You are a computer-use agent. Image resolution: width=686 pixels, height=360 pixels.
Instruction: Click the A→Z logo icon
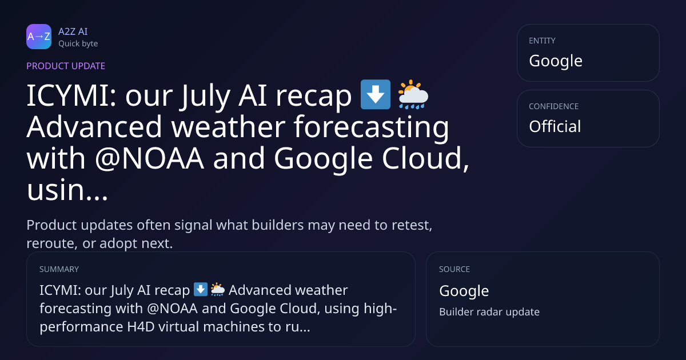pyautogui.click(x=39, y=37)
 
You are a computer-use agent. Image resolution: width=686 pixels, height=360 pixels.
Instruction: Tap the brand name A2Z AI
pyautogui.click(x=73, y=31)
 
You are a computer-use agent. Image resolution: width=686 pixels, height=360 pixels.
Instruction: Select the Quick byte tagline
pyautogui.click(x=78, y=44)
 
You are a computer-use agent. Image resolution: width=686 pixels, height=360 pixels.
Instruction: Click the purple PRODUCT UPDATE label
pyautogui.click(x=66, y=66)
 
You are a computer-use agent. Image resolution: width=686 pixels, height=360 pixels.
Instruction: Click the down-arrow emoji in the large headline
pyautogui.click(x=376, y=94)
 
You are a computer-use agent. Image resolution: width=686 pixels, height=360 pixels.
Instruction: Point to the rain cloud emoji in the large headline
pyautogui.click(x=413, y=94)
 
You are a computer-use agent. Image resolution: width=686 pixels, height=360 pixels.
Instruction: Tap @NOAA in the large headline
pyautogui.click(x=149, y=158)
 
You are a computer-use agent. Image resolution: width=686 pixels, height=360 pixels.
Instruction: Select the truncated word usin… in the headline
pyautogui.click(x=67, y=190)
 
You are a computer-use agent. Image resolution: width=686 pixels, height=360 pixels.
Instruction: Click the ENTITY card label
pyautogui.click(x=542, y=41)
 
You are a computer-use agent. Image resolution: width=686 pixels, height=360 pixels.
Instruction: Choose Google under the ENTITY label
pyautogui.click(x=556, y=61)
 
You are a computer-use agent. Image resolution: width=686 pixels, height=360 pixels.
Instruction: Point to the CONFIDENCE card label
pyautogui.click(x=554, y=106)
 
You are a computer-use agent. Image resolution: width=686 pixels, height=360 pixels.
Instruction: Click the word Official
pyautogui.click(x=555, y=126)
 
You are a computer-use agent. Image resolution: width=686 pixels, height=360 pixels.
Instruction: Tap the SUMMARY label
pyautogui.click(x=59, y=269)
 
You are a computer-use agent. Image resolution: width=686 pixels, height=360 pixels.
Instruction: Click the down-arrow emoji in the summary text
pyautogui.click(x=201, y=289)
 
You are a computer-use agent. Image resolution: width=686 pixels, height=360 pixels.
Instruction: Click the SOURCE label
pyautogui.click(x=454, y=269)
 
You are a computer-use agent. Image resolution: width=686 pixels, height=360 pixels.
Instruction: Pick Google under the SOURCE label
pyautogui.click(x=464, y=291)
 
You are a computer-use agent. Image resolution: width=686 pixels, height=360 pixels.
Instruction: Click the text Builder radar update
pyautogui.click(x=489, y=312)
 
